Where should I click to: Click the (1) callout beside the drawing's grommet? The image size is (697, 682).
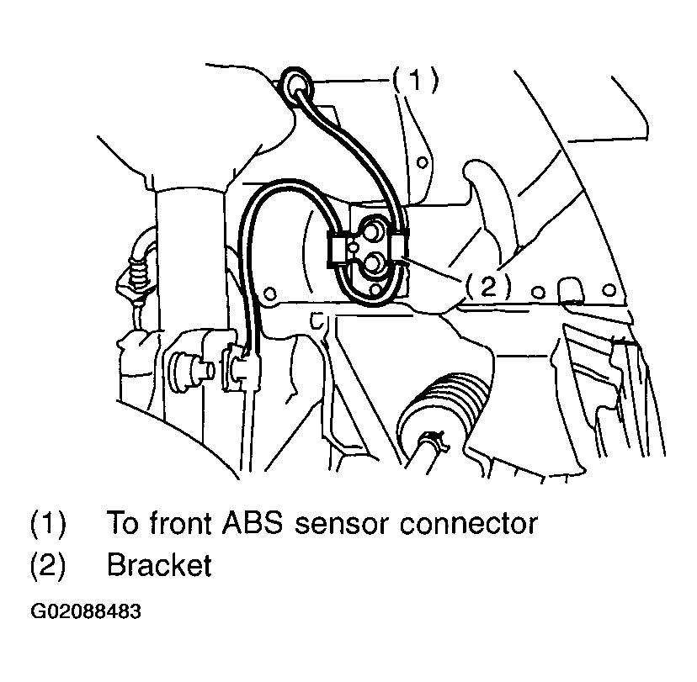[x=414, y=81]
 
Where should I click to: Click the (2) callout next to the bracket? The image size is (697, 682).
[x=487, y=287]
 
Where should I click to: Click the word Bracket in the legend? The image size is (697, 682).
[x=158, y=566]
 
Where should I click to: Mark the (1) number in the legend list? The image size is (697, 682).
[x=48, y=523]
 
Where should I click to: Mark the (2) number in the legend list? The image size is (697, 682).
[x=48, y=566]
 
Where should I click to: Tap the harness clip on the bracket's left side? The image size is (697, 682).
[x=338, y=249]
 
